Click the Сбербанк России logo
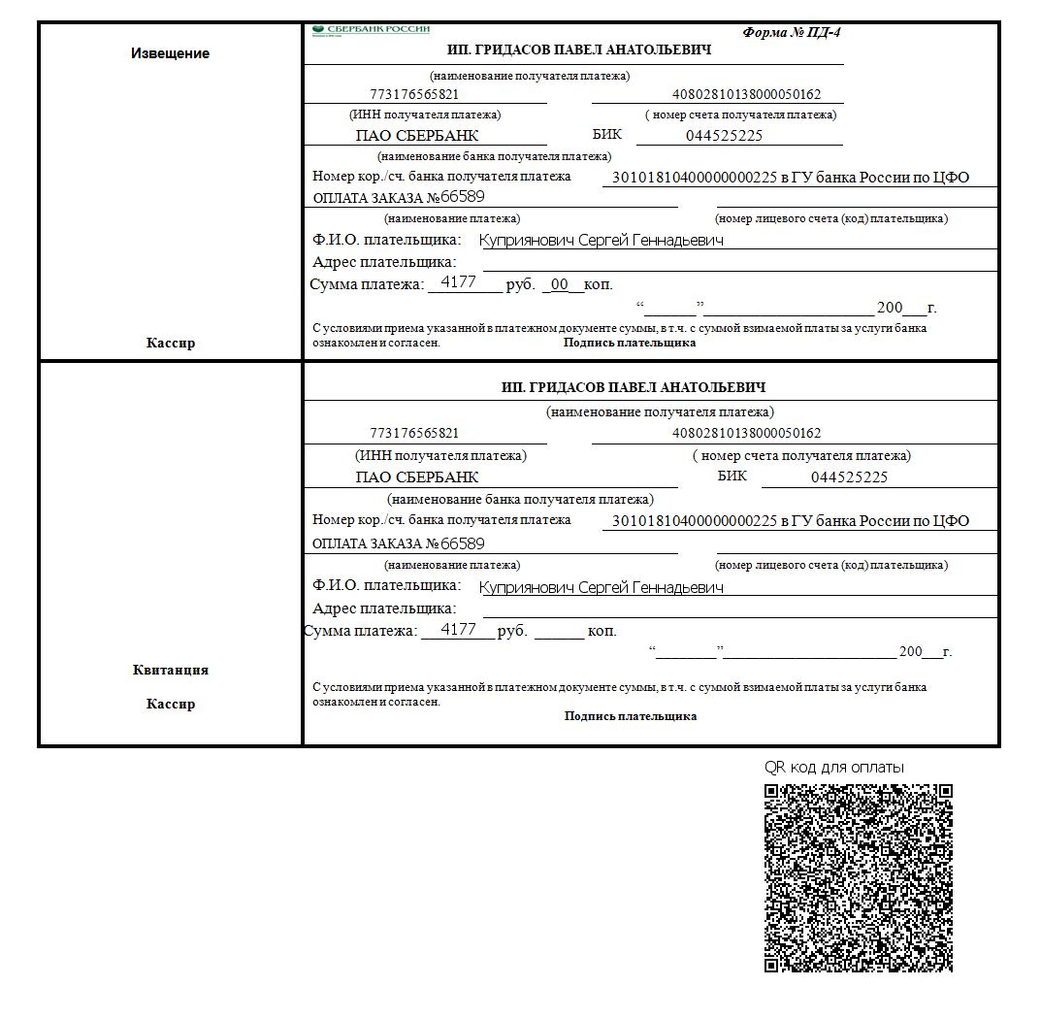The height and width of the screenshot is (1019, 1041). pyautogui.click(x=372, y=30)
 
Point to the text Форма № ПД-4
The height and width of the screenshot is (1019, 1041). pyautogui.click(x=792, y=32)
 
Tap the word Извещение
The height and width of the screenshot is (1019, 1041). pyautogui.click(x=170, y=53)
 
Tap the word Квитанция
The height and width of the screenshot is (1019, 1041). pyautogui.click(x=170, y=670)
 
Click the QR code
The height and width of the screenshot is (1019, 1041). pyautogui.click(x=859, y=877)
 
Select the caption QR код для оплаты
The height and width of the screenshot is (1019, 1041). pyautogui.click(x=834, y=768)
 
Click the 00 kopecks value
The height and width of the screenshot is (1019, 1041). pyautogui.click(x=560, y=284)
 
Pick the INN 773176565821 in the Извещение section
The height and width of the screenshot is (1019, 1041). pyautogui.click(x=414, y=95)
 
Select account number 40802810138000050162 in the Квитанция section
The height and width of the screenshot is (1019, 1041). pyautogui.click(x=747, y=433)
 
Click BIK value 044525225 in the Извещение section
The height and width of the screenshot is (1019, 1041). pyautogui.click(x=724, y=136)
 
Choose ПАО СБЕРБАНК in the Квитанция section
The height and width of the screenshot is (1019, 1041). pyautogui.click(x=417, y=477)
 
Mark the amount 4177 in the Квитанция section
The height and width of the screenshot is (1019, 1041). pyautogui.click(x=458, y=630)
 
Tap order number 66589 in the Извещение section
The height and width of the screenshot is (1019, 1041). pyautogui.click(x=463, y=197)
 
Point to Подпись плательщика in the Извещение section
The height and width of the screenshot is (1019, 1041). pyautogui.click(x=630, y=343)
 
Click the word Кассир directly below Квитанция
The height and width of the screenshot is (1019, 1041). pyautogui.click(x=170, y=704)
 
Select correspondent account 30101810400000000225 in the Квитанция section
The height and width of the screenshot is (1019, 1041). pyautogui.click(x=693, y=521)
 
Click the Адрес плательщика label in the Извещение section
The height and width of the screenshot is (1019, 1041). pyautogui.click(x=384, y=262)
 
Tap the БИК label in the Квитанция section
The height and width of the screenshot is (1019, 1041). pyautogui.click(x=732, y=476)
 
